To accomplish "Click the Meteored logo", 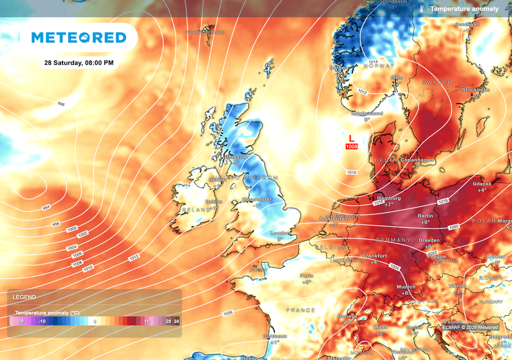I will tap(78, 38).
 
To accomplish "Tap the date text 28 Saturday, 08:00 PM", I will tap(78, 63).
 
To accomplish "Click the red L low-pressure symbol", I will tap(351, 137).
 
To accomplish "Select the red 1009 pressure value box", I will tap(351, 146).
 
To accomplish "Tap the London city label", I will tap(280, 233).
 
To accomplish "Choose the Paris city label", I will tap(306, 275).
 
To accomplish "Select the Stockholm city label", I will tap(475, 90).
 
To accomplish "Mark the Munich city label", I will tap(405, 287).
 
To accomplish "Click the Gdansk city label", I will tap(481, 184).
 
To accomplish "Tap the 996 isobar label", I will tap(61, 104).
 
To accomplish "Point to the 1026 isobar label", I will tap(227, 313).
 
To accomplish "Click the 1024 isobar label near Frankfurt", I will tap(394, 268).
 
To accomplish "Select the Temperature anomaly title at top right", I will tap(464, 9).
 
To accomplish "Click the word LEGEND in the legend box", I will tap(24, 297).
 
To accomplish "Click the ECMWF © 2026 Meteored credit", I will tap(470, 327).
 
